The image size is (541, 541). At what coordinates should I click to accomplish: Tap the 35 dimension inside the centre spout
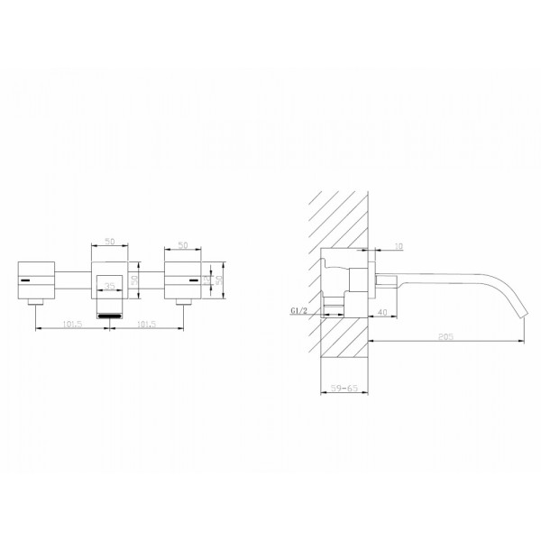point(110,287)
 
